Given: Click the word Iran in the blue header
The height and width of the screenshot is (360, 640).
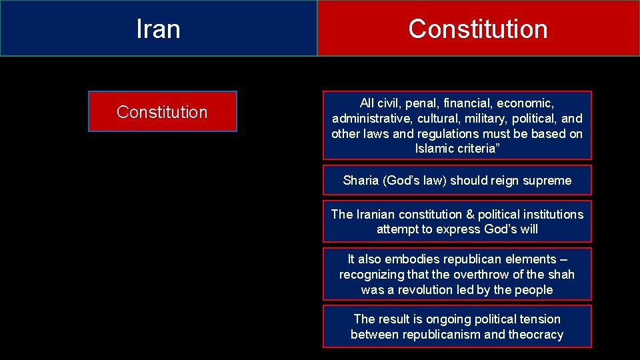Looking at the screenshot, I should pos(158,29).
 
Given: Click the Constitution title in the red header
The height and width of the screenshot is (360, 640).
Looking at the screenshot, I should pos(477,29).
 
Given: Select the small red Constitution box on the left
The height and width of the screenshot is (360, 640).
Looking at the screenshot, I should pos(162,112).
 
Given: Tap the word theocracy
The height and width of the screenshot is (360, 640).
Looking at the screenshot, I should pos(536,335).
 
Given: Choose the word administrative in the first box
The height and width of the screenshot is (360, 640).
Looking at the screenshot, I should pos(368,119).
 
